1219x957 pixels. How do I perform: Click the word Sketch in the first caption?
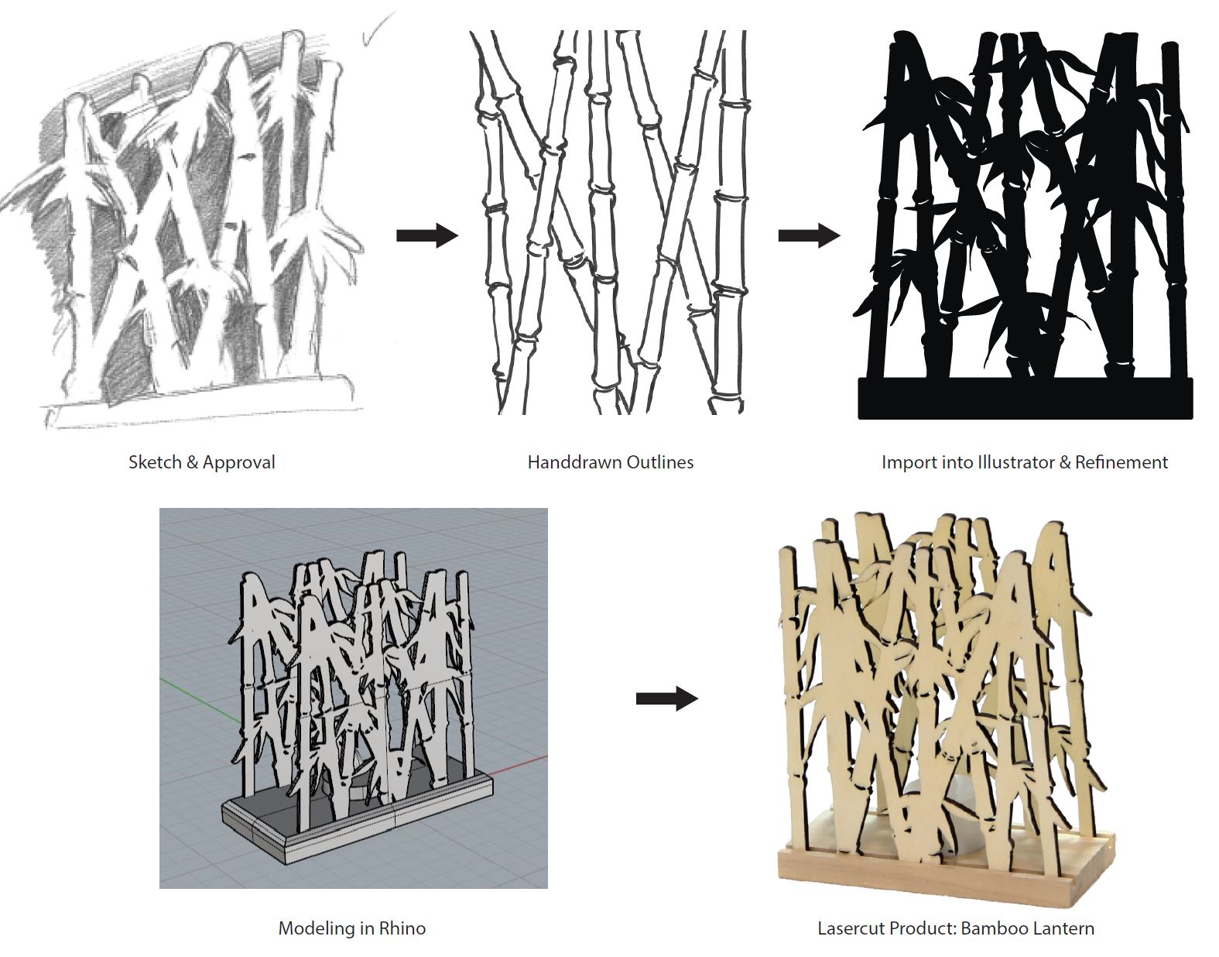(154, 462)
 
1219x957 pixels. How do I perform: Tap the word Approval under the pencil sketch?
(239, 463)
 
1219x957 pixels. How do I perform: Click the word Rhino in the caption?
(402, 928)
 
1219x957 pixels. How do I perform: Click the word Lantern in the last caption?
(1063, 928)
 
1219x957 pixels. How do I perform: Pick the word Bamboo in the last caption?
(994, 928)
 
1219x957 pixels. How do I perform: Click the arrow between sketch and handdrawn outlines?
(427, 235)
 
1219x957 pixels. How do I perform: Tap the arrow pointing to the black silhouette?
(809, 235)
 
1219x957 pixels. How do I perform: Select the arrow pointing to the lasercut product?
(667, 698)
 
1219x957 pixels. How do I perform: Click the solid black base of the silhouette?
(1026, 398)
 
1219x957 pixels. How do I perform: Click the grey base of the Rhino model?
(359, 814)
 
